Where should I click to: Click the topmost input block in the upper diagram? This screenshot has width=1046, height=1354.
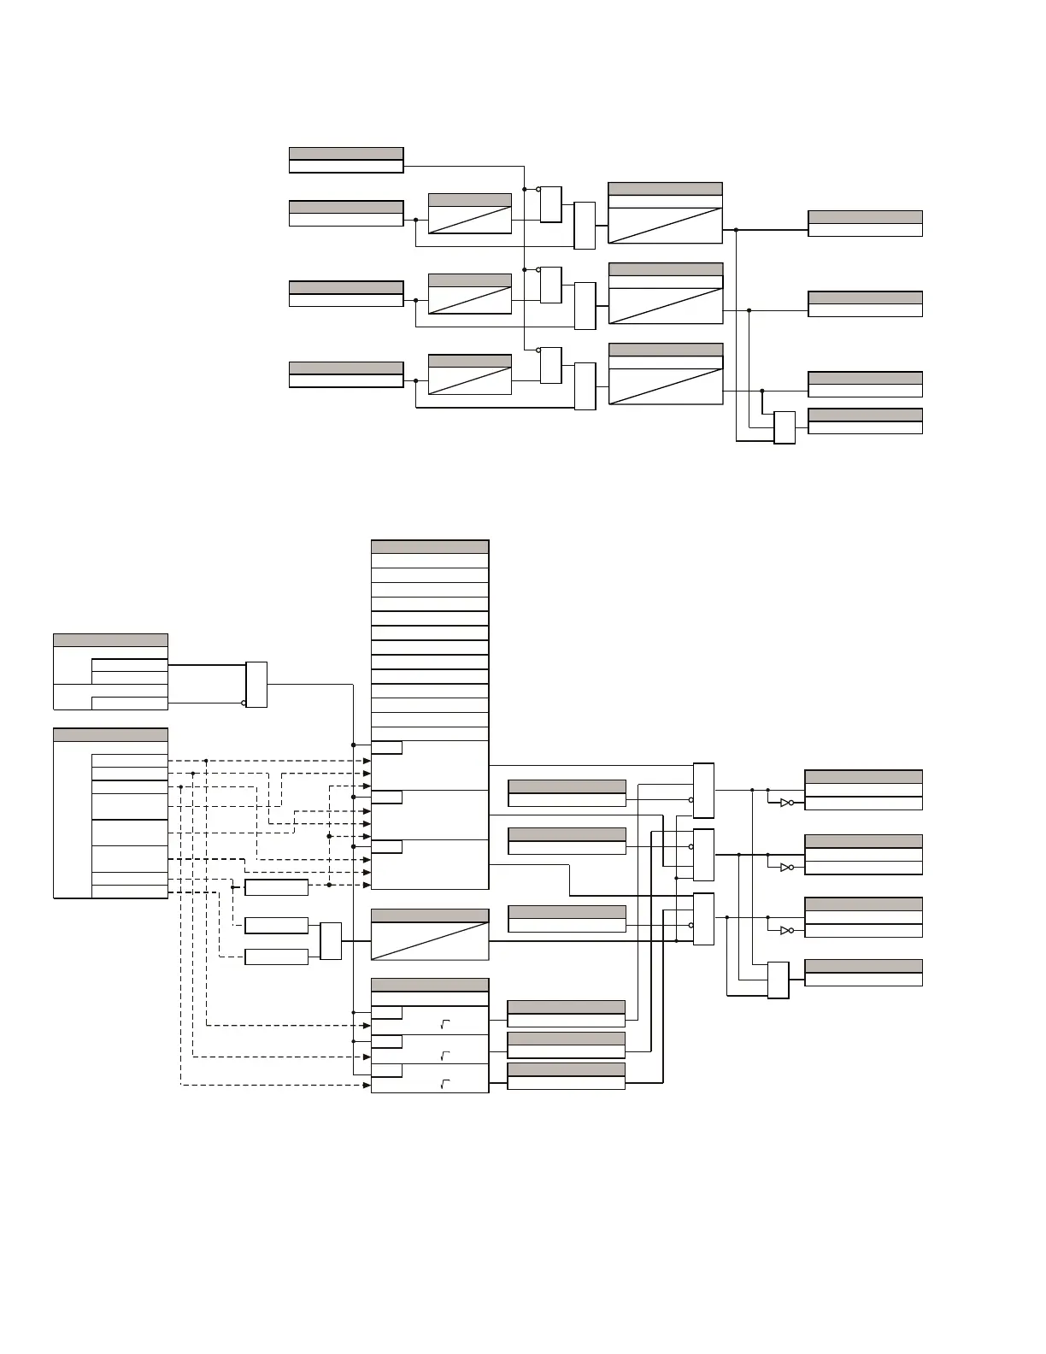click(x=346, y=160)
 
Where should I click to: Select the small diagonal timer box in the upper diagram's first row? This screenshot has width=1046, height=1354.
click(x=469, y=214)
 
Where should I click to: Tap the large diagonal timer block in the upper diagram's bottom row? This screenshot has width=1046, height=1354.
click(x=666, y=374)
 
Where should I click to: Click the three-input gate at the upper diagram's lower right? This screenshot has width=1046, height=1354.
click(x=784, y=427)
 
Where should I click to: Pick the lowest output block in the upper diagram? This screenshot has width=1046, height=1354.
click(x=865, y=421)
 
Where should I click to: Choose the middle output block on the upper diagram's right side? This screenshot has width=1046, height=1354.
click(x=865, y=304)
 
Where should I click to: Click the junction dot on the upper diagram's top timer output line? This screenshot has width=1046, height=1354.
click(x=736, y=230)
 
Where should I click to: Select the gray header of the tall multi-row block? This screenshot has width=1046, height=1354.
click(x=430, y=547)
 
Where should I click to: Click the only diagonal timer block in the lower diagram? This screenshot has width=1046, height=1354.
click(x=430, y=934)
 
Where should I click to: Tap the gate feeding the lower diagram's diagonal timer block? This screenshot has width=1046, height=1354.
click(x=331, y=941)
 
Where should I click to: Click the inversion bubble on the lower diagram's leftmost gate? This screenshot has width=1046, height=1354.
click(x=244, y=703)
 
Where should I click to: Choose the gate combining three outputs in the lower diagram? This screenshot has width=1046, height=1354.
click(x=778, y=980)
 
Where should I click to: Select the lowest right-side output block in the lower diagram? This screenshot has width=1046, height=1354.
click(x=863, y=973)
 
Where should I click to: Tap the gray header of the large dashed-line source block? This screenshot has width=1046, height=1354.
click(x=110, y=734)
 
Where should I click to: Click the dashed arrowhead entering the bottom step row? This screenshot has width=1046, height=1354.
click(x=367, y=1086)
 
